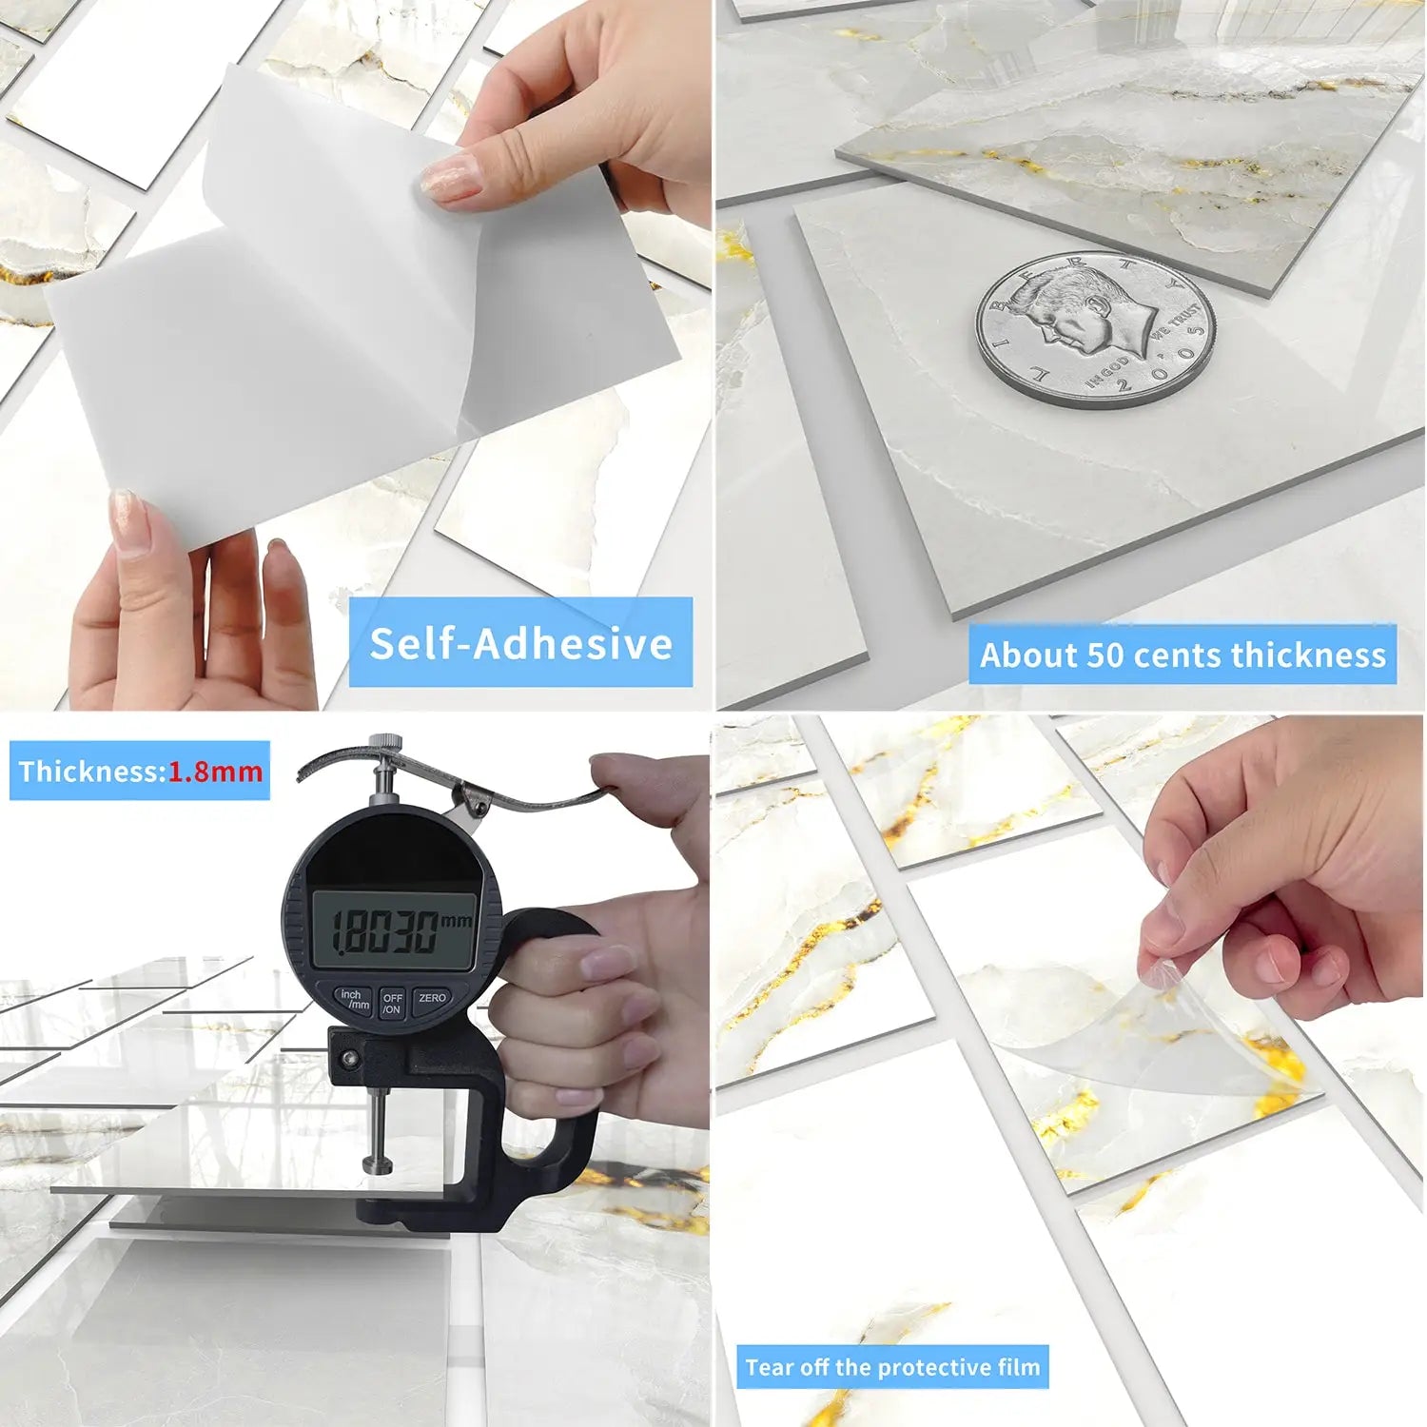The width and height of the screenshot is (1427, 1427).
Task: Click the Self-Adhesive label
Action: coord(520,643)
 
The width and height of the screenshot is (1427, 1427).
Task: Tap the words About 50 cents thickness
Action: coord(1183,655)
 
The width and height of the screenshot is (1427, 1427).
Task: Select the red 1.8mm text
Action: coord(216,771)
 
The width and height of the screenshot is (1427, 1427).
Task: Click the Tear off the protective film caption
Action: coord(892,1367)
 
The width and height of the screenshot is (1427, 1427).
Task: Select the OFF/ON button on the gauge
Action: coord(392,1003)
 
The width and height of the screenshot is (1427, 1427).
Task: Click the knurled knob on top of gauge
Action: coord(384,745)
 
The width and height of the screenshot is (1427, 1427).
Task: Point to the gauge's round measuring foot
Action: coord(378,1163)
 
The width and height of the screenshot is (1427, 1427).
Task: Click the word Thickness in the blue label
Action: coord(90,771)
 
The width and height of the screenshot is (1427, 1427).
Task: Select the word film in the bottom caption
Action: coord(1017,1367)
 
